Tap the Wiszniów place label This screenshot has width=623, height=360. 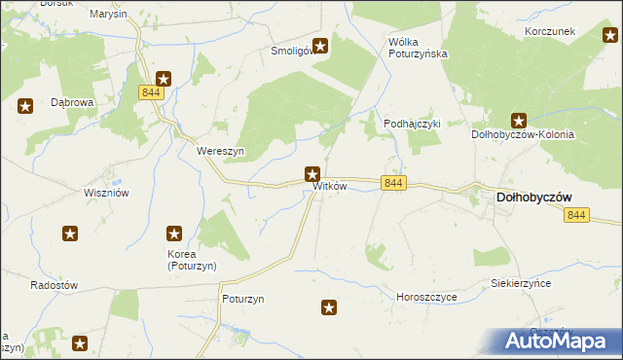point(107,193)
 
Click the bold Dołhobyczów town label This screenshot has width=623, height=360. point(534,197)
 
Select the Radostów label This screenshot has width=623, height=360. point(54,285)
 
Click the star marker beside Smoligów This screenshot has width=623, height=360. point(319,45)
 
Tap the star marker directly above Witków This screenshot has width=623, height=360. point(312,175)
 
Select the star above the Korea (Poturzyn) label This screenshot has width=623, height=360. point(174,234)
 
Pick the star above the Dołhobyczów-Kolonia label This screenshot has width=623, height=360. point(520,122)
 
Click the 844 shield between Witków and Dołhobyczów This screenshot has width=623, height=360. point(393,183)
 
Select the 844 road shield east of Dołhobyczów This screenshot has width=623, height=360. point(576,215)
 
